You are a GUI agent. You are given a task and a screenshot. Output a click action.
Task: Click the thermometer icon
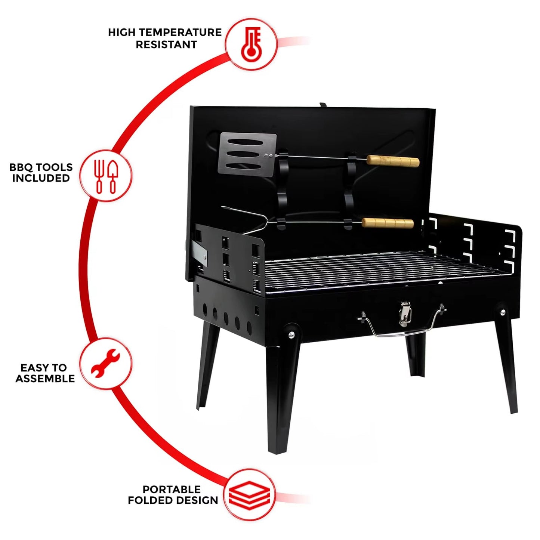[251, 44]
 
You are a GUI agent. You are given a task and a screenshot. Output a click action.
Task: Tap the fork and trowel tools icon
[106, 176]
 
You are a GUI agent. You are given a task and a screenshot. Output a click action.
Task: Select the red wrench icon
[106, 363]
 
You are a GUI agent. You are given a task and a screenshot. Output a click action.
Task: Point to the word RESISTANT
[166, 45]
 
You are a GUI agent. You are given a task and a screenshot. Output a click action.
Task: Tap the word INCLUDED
[41, 179]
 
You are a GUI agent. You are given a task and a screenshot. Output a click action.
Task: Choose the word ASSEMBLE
[45, 379]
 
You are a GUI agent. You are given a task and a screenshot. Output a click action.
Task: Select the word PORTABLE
[172, 489]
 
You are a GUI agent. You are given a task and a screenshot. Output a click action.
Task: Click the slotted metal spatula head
[247, 154]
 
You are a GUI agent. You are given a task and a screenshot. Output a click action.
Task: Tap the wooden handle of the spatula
[393, 161]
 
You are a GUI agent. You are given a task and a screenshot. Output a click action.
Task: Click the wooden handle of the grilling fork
[388, 223]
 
